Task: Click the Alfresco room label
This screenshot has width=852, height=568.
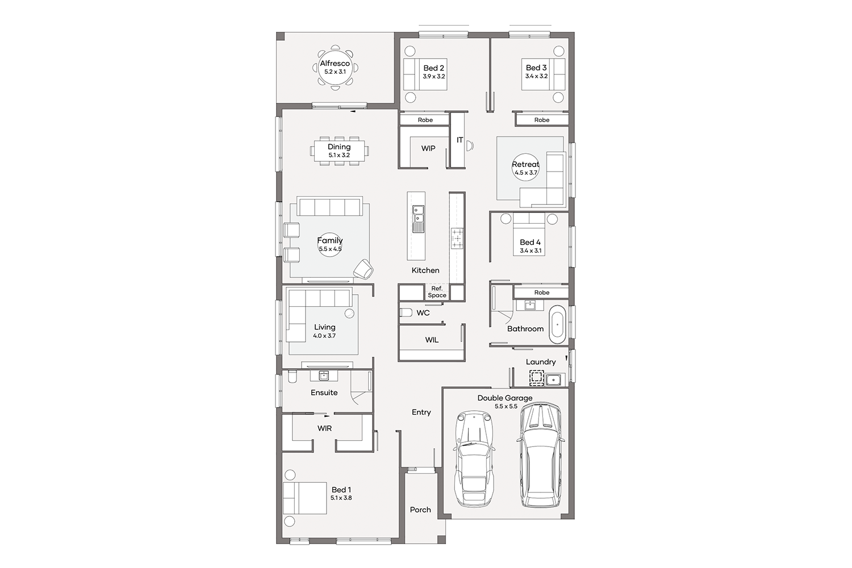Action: (335, 64)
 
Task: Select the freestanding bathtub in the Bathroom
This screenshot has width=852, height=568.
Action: (557, 324)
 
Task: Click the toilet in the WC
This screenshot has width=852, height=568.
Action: (406, 313)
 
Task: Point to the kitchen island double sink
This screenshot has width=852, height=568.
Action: (418, 214)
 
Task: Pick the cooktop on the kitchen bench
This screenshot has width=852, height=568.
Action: (457, 239)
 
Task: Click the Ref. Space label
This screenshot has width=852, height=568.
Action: (437, 292)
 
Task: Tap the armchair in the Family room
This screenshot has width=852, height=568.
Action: (364, 269)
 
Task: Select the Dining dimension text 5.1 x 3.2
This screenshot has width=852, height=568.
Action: (339, 155)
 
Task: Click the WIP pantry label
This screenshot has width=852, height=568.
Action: (428, 148)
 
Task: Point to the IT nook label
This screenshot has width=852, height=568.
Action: (460, 140)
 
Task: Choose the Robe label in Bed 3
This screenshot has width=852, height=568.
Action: (542, 120)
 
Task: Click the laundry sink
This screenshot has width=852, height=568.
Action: (553, 379)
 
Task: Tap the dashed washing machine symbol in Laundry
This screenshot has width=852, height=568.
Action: (536, 378)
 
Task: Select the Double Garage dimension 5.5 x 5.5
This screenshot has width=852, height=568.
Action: (506, 406)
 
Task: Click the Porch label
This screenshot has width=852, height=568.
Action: (420, 510)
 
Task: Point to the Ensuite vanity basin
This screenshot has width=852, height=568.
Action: (324, 375)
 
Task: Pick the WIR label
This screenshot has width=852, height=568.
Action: (324, 428)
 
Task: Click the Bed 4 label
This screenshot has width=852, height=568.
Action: (530, 243)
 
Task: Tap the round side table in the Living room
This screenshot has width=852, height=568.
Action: (349, 314)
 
